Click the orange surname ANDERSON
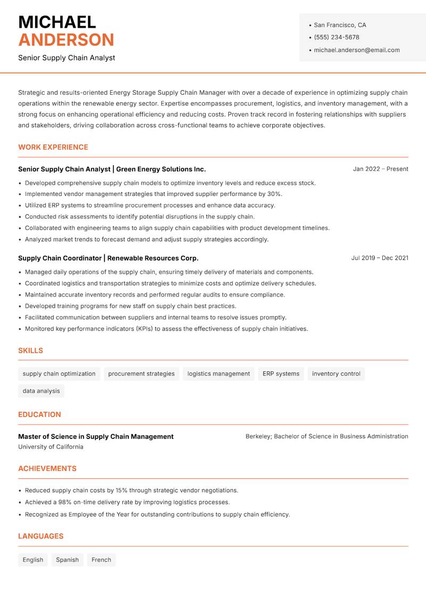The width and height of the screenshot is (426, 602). coord(66,40)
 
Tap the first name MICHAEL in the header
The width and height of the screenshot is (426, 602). coord(57,22)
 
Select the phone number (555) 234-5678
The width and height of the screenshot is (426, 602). coord(337,37)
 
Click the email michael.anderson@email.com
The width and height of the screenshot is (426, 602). coord(357,50)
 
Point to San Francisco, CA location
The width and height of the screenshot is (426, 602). coord(340,25)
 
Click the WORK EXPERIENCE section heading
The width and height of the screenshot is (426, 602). coord(53,147)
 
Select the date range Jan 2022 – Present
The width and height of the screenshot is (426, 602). coord(380,169)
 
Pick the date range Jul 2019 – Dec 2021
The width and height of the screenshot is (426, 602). coord(380,258)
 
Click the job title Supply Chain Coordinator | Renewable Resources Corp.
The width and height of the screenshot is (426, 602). coord(108,258)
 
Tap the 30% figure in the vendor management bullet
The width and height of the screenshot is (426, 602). coord(274,194)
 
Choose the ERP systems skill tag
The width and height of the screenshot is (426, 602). coord(281,373)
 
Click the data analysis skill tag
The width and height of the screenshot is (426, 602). coord(41,391)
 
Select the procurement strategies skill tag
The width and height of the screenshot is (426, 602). coord(141,373)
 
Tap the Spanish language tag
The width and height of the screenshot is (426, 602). coord(67,560)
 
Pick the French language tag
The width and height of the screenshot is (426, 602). coord(101,560)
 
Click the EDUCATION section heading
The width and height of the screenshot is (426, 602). coord(39,414)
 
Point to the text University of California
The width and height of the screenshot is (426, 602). coord(51,447)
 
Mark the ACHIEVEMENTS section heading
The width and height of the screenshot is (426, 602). coord(47,469)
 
